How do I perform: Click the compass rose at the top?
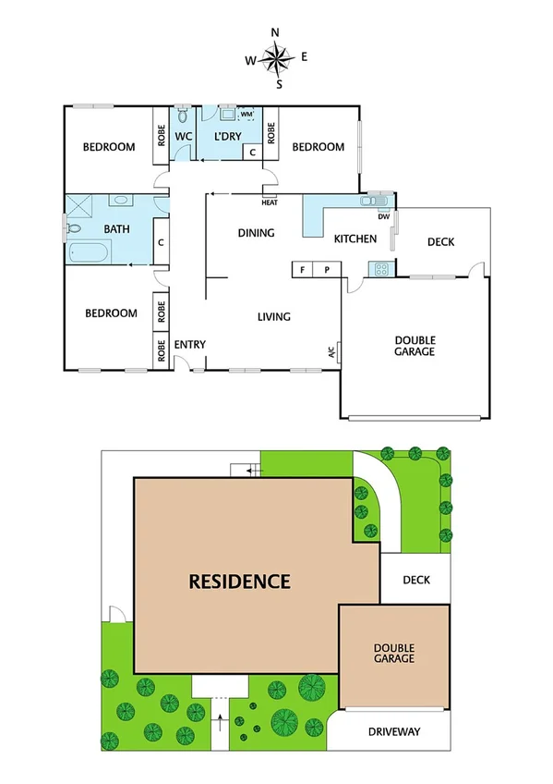pyautogui.click(x=276, y=58)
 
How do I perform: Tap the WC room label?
pyautogui.click(x=183, y=137)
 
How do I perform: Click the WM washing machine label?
pyautogui.click(x=246, y=115)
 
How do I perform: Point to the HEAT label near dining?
pyautogui.click(x=270, y=202)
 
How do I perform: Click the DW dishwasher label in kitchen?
pyautogui.click(x=382, y=217)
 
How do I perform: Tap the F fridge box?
pyautogui.click(x=302, y=270)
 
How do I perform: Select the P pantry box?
pyautogui.click(x=327, y=270)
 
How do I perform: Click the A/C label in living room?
pyautogui.click(x=330, y=352)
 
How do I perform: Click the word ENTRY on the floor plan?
pyautogui.click(x=190, y=345)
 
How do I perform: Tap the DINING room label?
pyautogui.click(x=256, y=233)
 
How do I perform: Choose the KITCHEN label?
pyautogui.click(x=355, y=239)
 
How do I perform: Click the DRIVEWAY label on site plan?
pyautogui.click(x=394, y=731)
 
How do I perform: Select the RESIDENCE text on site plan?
pyautogui.click(x=240, y=582)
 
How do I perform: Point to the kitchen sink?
pyautogui.click(x=377, y=199)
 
